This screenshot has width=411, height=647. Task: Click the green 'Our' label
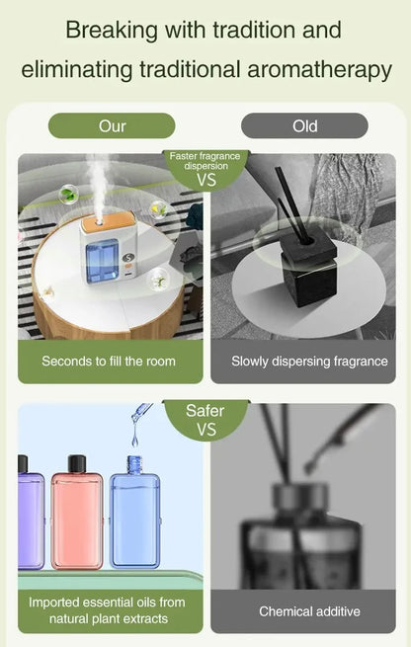coord(112,125)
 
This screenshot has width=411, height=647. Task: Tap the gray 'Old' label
coord(304,125)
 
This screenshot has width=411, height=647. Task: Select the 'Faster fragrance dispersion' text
coord(206,160)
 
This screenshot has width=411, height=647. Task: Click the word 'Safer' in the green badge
coord(205,411)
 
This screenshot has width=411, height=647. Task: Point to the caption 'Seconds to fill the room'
coord(109,362)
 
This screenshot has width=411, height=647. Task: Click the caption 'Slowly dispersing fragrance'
coord(309,362)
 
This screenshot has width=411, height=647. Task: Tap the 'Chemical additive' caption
coord(309,611)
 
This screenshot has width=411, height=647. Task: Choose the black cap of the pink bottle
coord(76,463)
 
